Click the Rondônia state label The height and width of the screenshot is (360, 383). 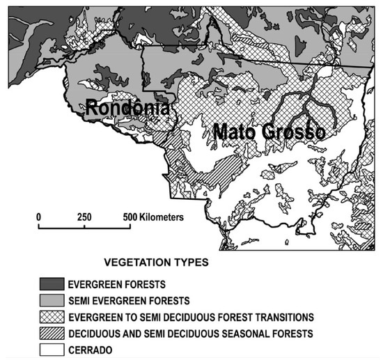127,109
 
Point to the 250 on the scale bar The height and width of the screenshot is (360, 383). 84,217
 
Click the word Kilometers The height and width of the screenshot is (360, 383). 161,217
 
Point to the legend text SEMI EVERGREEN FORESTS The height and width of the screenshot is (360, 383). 129,300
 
